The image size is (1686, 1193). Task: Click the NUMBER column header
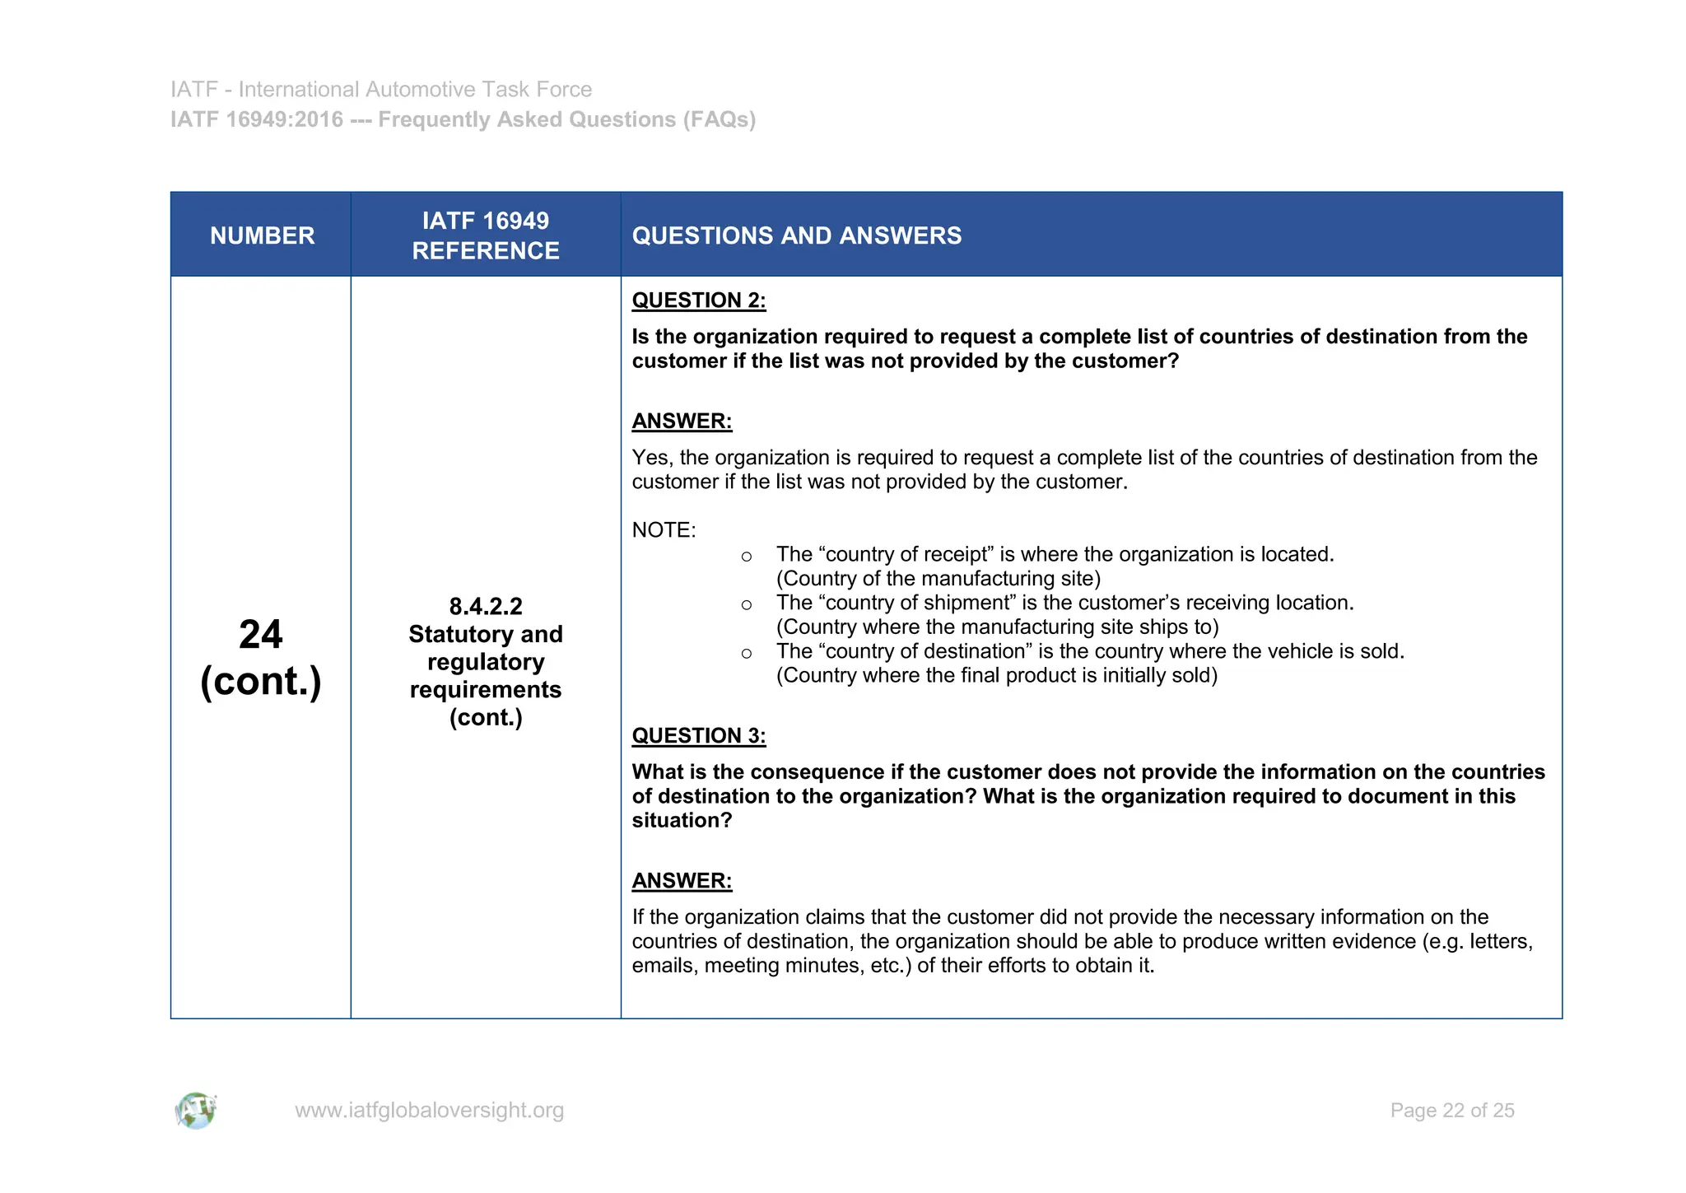(262, 235)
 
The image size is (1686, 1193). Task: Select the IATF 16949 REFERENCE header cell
(486, 235)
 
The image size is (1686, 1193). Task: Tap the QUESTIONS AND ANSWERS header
(796, 235)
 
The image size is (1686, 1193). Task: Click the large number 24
(261, 634)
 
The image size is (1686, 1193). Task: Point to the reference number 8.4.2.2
(486, 607)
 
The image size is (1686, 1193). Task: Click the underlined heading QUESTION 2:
(698, 301)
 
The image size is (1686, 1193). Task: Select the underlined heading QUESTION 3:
(698, 736)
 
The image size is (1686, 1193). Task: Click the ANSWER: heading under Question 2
(682, 422)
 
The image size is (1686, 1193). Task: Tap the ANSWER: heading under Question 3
(682, 881)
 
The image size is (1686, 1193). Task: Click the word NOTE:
(664, 530)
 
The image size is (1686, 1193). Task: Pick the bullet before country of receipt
(746, 557)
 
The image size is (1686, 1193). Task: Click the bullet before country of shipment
(746, 605)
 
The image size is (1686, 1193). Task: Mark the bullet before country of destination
(746, 654)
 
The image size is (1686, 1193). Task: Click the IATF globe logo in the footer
(196, 1111)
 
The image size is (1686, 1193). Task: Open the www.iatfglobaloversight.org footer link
(429, 1111)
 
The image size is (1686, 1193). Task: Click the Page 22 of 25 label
(1451, 1111)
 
